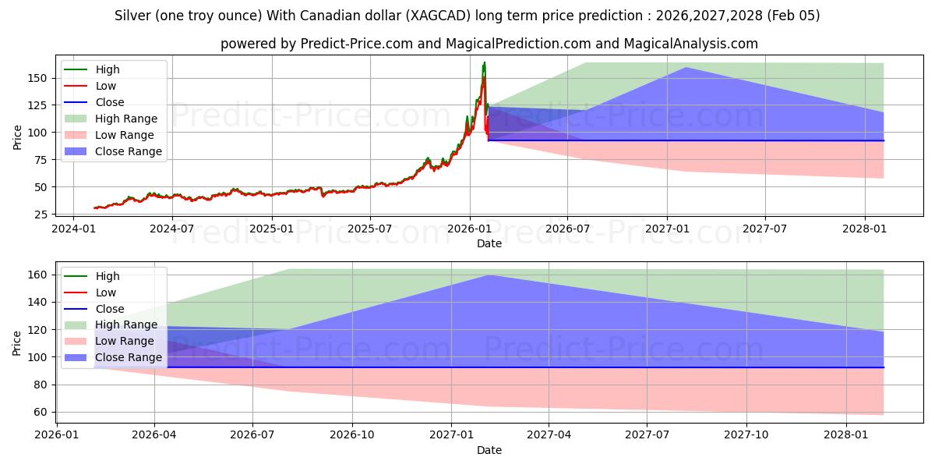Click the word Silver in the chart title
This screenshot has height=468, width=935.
click(x=132, y=16)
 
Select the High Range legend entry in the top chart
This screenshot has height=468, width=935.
click(x=126, y=119)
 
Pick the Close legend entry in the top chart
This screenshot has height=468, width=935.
click(x=110, y=102)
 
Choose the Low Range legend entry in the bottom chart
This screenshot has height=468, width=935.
click(x=125, y=341)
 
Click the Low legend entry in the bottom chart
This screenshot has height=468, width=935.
click(x=105, y=292)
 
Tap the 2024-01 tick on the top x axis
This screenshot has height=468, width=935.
click(x=73, y=229)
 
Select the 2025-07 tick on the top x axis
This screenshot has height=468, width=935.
click(x=369, y=229)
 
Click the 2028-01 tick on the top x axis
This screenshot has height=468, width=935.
click(x=865, y=229)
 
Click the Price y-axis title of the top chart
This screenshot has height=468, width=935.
click(x=17, y=136)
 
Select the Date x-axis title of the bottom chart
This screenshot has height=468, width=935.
click(x=489, y=450)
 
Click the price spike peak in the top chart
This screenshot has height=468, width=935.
click(x=484, y=63)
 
